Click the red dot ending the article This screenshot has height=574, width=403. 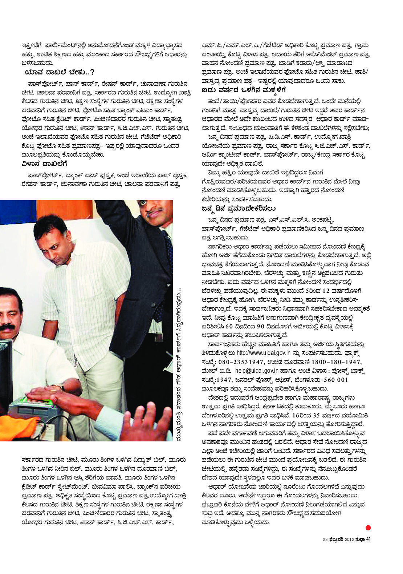pyautogui.click(x=368, y=527)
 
